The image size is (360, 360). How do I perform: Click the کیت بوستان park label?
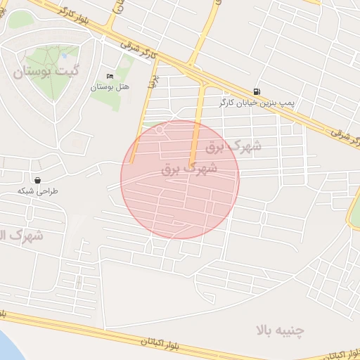(x=44, y=71)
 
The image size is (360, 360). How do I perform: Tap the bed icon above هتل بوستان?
(x=110, y=77)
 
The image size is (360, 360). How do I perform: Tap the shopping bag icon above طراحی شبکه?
(x=37, y=180)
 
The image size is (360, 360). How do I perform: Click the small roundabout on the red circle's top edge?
(x=160, y=130)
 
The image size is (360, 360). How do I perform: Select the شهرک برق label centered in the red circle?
(x=189, y=169)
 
